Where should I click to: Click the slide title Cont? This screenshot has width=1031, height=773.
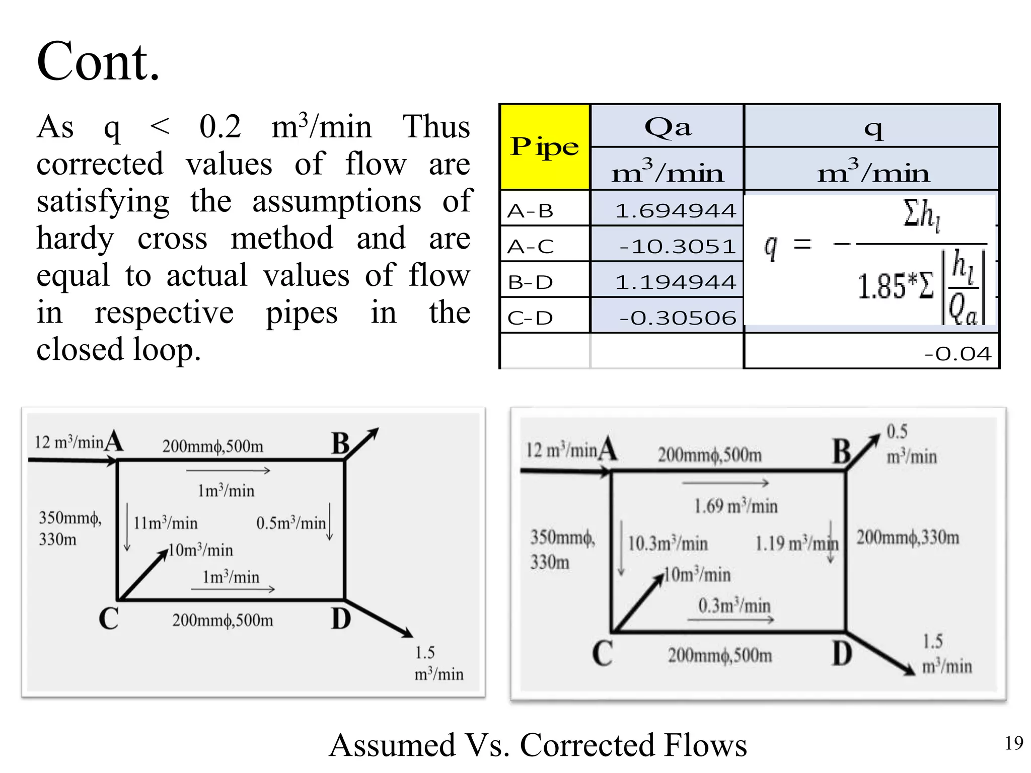98,61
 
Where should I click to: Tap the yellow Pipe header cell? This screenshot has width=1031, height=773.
545,147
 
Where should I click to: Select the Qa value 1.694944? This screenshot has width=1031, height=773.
676,210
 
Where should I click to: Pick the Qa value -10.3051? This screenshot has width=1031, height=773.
678,246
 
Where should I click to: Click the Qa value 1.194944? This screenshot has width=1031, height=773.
676,282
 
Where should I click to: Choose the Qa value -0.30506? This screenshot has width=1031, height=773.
678,318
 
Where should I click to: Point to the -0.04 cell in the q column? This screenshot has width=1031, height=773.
958,353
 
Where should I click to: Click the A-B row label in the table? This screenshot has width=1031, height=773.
530,210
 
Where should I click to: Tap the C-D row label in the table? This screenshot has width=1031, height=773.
530,318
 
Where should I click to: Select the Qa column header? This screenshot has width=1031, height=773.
668,127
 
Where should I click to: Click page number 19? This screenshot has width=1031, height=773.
1014,743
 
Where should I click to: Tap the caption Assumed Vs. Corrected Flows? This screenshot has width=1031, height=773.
538,745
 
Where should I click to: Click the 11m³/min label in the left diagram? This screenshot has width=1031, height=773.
165,523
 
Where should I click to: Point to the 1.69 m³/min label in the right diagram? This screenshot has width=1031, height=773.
735,506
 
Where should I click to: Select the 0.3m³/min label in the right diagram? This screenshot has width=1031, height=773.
734,605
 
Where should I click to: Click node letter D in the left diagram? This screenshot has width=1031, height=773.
341,619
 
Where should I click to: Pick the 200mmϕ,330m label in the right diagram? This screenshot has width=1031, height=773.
908,537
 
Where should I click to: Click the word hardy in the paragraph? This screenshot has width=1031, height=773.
76,239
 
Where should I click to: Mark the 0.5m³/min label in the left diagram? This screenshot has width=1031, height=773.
291,523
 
